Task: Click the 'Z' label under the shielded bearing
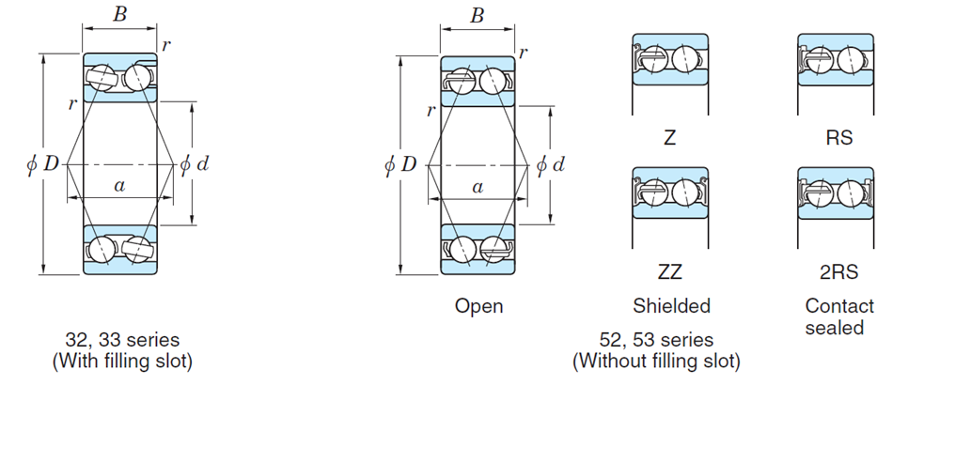pyautogui.click(x=669, y=138)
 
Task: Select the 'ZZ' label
pyautogui.click(x=670, y=272)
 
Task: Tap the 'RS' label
pyautogui.click(x=838, y=138)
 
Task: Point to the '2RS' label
pyautogui.click(x=838, y=272)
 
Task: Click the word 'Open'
pyautogui.click(x=478, y=306)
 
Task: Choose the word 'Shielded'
pyautogui.click(x=671, y=306)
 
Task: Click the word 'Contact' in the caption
pyautogui.click(x=838, y=306)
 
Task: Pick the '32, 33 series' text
pyautogui.click(x=122, y=340)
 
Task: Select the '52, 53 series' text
pyautogui.click(x=656, y=340)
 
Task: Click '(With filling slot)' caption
pyautogui.click(x=122, y=361)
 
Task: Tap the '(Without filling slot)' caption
pyautogui.click(x=656, y=361)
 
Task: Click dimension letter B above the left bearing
pyautogui.click(x=119, y=15)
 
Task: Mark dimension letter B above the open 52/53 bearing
pyautogui.click(x=477, y=15)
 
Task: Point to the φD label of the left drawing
pyautogui.click(x=43, y=164)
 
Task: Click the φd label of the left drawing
pyautogui.click(x=194, y=164)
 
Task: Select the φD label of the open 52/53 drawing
pyautogui.click(x=400, y=165)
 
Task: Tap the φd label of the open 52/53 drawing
pyautogui.click(x=551, y=165)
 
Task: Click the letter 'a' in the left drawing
pyautogui.click(x=119, y=186)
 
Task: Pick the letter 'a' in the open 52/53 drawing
pyautogui.click(x=477, y=187)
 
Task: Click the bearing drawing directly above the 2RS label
pyautogui.click(x=836, y=192)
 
